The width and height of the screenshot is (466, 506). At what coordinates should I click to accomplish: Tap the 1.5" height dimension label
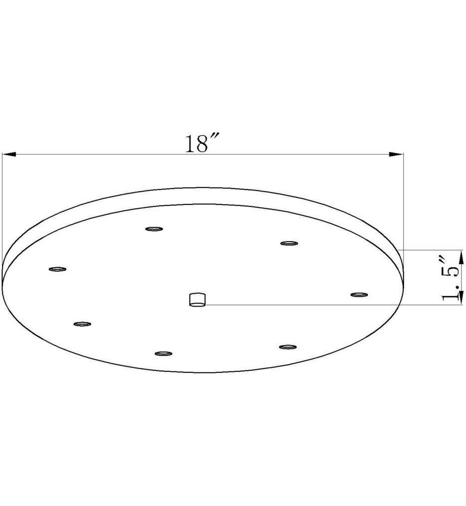pos(451,279)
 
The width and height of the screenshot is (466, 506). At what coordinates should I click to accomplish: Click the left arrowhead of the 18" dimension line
pos(9,155)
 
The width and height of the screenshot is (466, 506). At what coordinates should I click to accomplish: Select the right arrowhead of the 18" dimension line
pos(396,155)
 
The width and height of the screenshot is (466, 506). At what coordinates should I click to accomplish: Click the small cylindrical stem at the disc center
pos(197,300)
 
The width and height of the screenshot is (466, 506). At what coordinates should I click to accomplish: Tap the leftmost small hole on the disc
pos(57,269)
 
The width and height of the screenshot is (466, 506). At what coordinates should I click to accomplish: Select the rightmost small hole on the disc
pos(359,295)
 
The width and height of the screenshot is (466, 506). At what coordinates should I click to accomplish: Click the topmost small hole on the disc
pos(154,229)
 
